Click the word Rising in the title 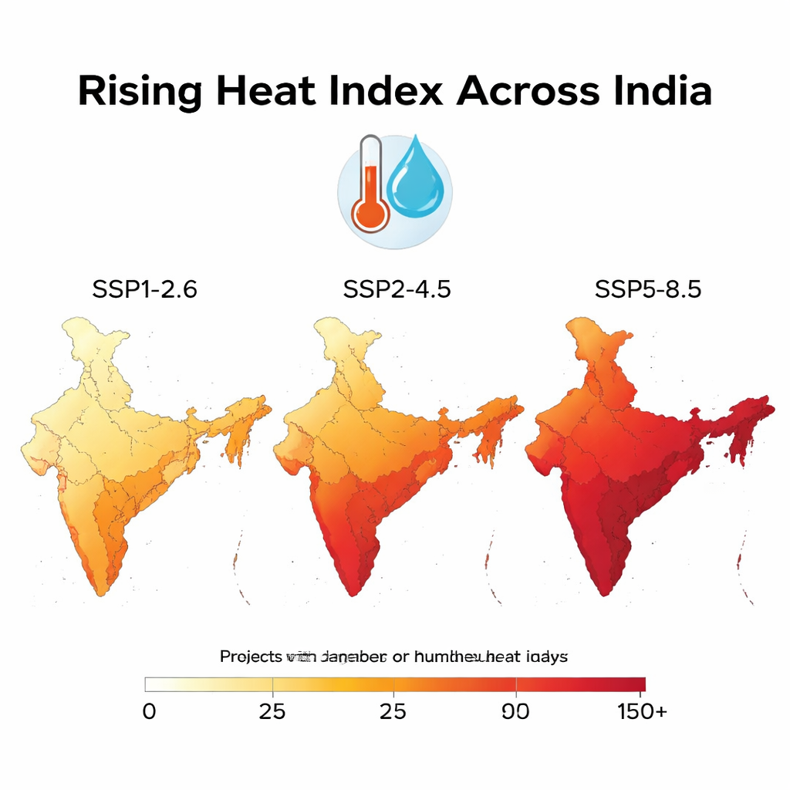(139, 92)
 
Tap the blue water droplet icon (415, 178)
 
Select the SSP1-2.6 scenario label (144, 290)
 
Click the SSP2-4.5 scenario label (397, 290)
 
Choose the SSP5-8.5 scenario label (648, 290)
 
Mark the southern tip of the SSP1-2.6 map (100, 592)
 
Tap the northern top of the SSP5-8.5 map (580, 322)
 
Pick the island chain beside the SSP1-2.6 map (238, 563)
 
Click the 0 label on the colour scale (149, 711)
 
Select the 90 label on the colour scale (515, 711)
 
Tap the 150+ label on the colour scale (642, 711)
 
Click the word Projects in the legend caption (252, 657)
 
